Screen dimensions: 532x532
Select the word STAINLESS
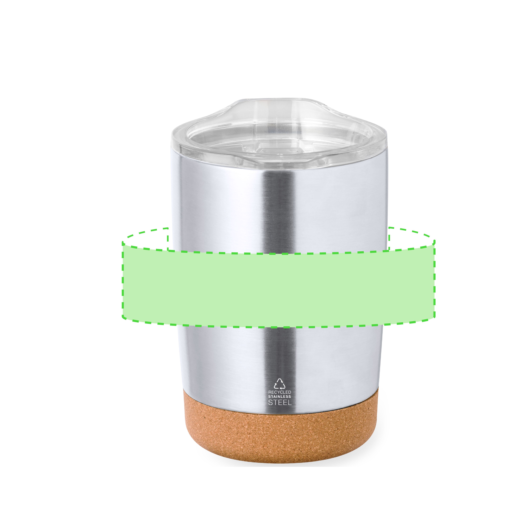[x=279, y=397]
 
